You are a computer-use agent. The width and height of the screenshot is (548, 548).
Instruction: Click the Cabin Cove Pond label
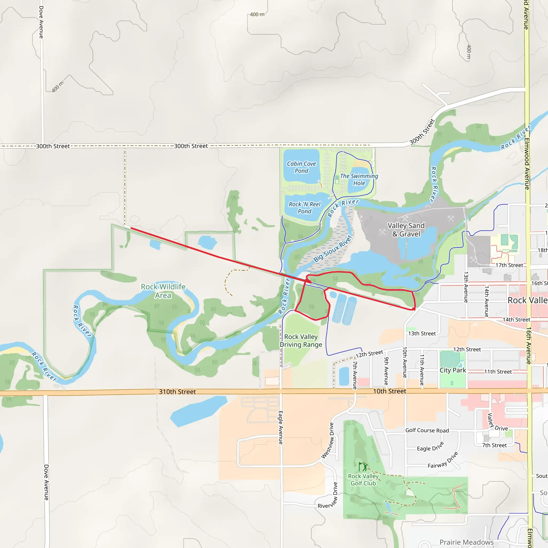click(301, 167)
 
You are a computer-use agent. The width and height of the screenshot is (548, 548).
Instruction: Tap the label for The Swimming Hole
click(359, 180)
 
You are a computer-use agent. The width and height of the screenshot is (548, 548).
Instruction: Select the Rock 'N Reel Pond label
click(304, 208)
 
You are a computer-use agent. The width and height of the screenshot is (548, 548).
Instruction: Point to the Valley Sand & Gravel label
click(406, 230)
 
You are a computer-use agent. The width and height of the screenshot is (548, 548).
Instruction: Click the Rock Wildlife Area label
click(163, 291)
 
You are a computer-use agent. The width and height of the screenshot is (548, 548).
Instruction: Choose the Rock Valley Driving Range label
click(301, 341)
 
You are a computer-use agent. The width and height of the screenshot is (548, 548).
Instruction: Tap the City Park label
click(453, 370)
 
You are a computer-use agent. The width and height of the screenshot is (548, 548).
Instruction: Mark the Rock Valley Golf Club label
click(363, 480)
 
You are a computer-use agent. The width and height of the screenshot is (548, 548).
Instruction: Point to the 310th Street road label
click(177, 392)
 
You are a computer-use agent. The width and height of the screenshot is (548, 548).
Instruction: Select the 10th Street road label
click(389, 391)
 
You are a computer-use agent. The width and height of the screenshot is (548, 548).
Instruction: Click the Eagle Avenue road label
click(280, 427)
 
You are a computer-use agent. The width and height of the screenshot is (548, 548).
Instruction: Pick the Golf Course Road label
click(427, 430)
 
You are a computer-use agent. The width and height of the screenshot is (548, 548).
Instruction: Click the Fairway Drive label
click(443, 460)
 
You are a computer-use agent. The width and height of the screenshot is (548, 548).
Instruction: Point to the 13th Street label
click(422, 334)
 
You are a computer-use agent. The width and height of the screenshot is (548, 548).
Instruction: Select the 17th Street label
click(509, 265)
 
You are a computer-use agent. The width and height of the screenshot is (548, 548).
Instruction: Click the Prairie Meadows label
click(467, 542)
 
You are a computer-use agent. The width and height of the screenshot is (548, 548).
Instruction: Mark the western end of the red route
click(131, 228)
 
